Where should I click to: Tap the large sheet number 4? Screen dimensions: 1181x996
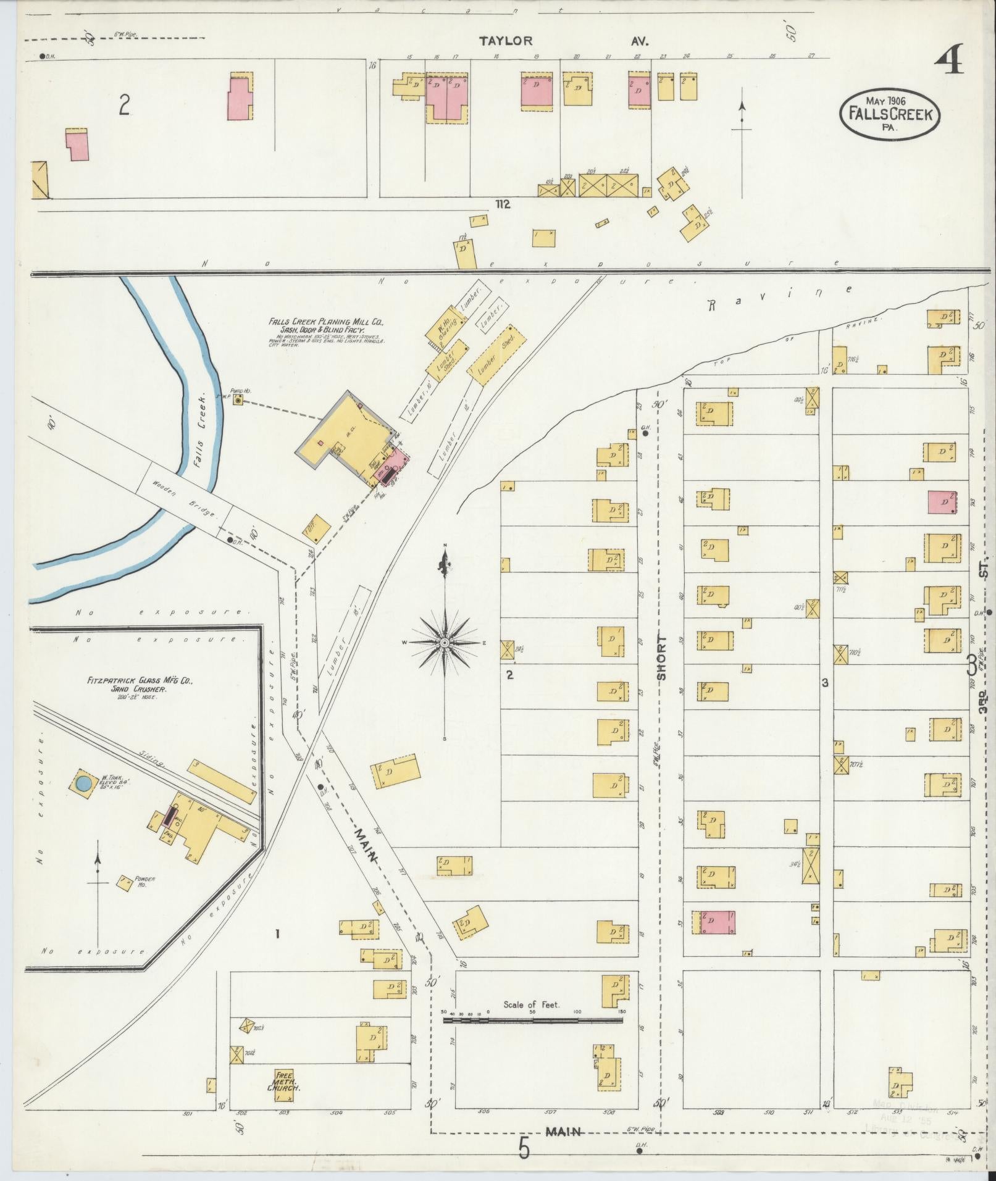point(948,61)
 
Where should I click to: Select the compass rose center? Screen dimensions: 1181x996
point(445,643)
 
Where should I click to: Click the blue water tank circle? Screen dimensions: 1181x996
point(83,783)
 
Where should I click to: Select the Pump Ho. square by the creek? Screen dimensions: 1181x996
point(238,401)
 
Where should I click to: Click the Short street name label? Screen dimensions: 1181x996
point(662,657)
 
